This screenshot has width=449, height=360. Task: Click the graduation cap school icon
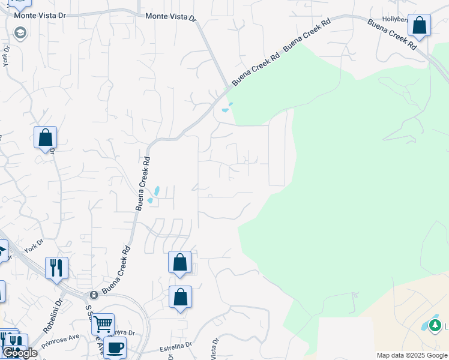pyautogui.click(x=20, y=32)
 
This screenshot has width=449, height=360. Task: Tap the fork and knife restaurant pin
pyautogui.click(x=57, y=268)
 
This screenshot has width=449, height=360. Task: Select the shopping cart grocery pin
pyautogui.click(x=103, y=324)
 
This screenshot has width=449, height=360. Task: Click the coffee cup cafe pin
pyautogui.click(x=115, y=346)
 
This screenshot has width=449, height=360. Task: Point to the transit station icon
pyautogui.click(x=94, y=295)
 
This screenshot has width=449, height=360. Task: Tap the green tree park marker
pyautogui.click(x=435, y=326)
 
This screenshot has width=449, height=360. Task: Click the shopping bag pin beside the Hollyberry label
pyautogui.click(x=419, y=25)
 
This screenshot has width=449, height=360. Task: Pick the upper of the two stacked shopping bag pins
pyautogui.click(x=179, y=262)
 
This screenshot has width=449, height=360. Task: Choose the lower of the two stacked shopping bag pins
pyautogui.click(x=180, y=296)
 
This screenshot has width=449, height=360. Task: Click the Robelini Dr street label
pyautogui.click(x=52, y=317)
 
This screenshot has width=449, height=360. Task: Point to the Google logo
pyautogui.click(x=20, y=353)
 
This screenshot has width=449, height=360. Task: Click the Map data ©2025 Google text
pyautogui.click(x=412, y=355)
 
